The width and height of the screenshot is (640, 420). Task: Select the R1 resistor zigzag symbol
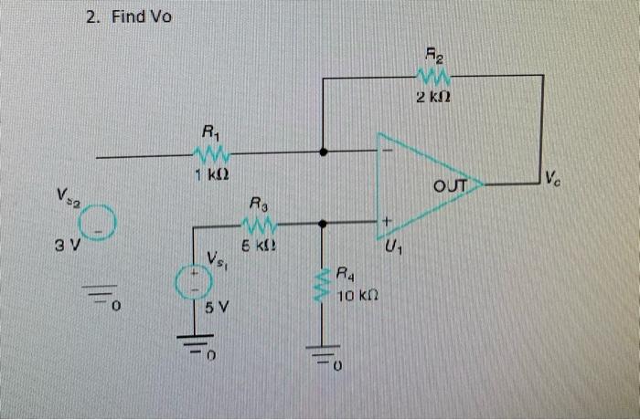coord(211,153)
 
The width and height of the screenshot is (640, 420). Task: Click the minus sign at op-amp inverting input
coord(387,150)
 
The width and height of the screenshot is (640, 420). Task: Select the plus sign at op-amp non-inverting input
coord(387,222)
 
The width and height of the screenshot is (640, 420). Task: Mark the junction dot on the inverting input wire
coord(323,152)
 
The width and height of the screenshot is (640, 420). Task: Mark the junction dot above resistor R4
coord(323,222)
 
